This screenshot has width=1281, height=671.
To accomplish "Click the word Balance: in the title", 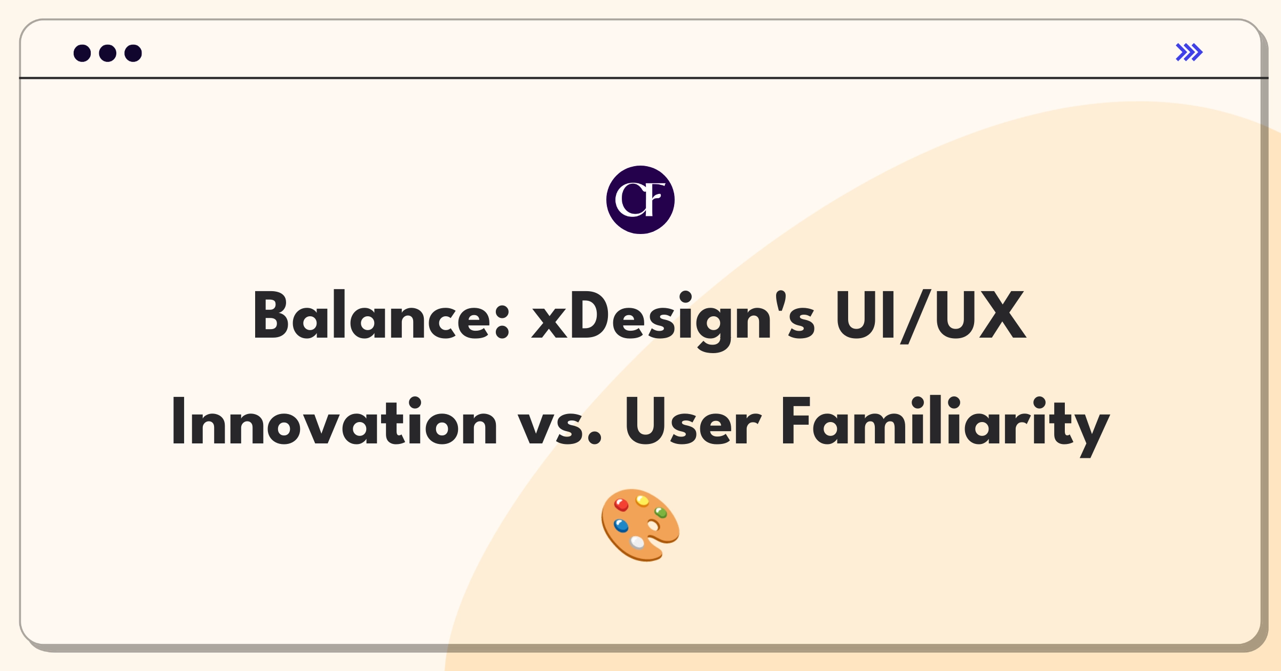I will tap(382, 316).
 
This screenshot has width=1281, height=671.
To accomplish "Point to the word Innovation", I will tap(334, 422).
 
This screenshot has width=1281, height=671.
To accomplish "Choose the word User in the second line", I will tap(692, 422).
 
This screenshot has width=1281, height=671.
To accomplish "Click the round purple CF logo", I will tap(640, 200).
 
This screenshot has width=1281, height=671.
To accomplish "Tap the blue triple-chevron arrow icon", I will tap(1189, 52).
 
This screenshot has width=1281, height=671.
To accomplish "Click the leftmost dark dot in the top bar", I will tap(82, 53).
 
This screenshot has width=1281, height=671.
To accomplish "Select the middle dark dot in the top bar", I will tap(108, 53).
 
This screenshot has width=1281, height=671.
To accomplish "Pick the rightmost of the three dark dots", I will tap(133, 53).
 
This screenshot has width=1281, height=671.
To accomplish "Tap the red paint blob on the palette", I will tap(621, 505).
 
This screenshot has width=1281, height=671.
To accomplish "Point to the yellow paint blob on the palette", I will tap(643, 501).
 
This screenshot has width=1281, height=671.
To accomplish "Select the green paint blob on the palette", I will tap(661, 513).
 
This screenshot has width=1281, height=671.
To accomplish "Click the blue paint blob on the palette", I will tap(621, 526).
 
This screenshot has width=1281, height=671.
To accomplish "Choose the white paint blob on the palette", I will tap(637, 542).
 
